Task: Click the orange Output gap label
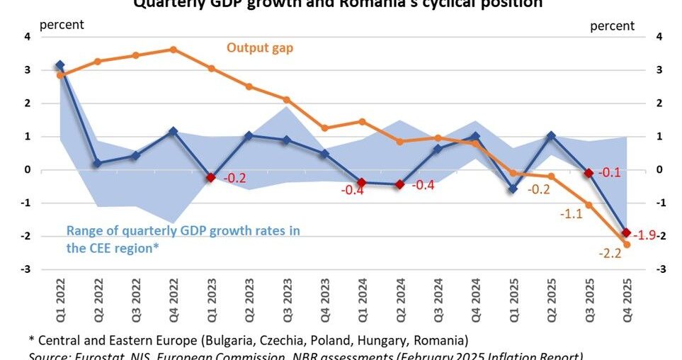click(260, 48)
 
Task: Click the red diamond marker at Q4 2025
click(626, 232)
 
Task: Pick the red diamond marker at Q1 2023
click(210, 177)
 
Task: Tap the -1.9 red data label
click(645, 235)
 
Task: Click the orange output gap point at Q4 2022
click(173, 50)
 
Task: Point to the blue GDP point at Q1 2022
click(59, 65)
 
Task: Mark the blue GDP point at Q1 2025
click(513, 189)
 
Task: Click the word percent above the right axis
click(613, 26)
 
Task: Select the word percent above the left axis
click(62, 25)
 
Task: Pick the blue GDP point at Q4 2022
click(173, 131)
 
